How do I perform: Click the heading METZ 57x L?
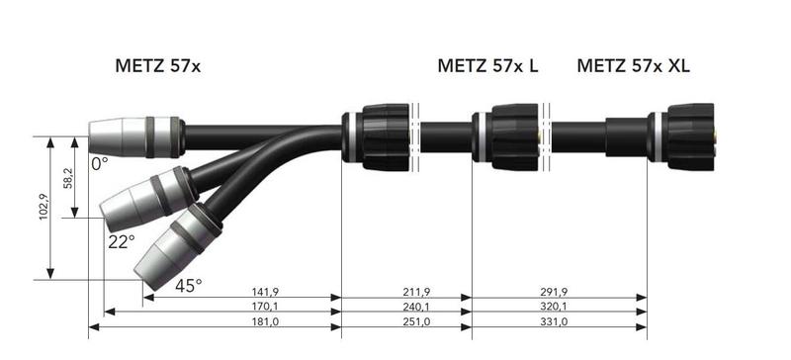[488, 66]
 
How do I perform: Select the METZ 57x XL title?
[633, 66]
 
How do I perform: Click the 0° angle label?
[99, 163]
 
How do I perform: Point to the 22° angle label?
[121, 240]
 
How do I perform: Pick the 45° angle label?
[188, 285]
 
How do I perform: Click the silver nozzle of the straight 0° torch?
[116, 136]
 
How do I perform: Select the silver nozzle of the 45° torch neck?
[158, 259]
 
